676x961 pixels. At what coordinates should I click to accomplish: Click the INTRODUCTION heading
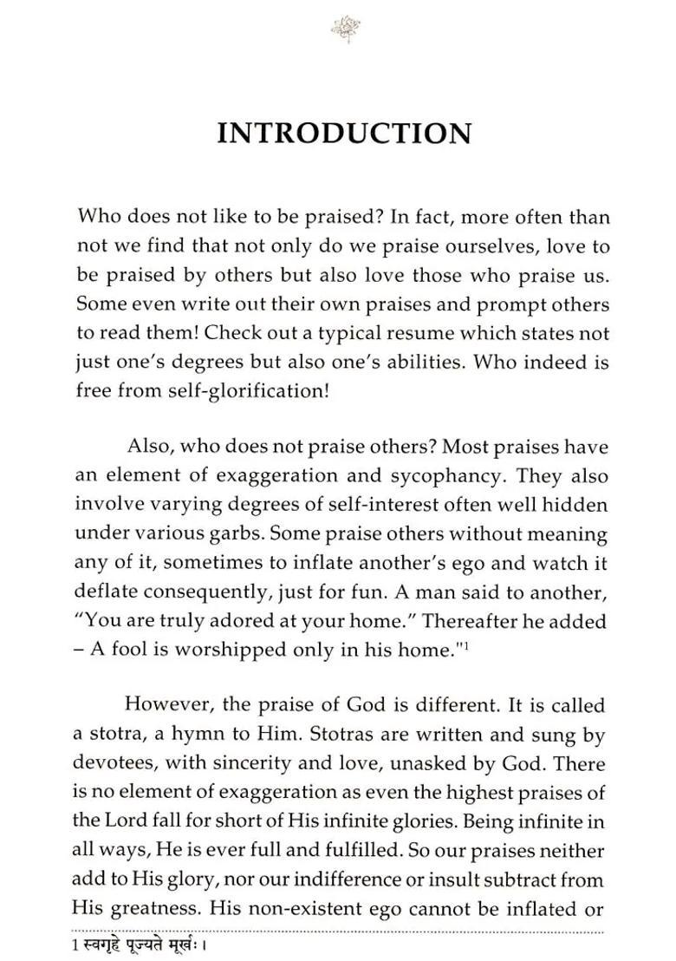tap(344, 134)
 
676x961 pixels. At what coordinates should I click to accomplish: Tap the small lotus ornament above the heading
tap(340, 29)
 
